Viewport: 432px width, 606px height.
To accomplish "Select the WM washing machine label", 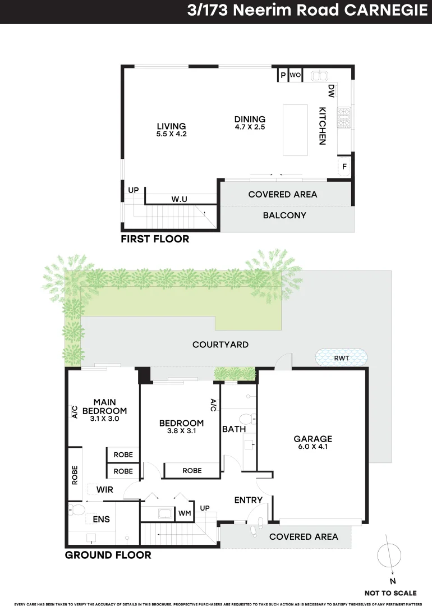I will [185, 513].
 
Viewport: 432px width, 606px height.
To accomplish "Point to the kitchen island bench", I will [295, 130].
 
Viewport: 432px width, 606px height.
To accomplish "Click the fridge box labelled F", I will [344, 167].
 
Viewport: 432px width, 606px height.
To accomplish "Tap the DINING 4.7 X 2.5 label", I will [250, 122].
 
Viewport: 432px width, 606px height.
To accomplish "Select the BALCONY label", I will [284, 215].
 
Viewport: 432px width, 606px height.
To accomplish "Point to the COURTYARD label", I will [220, 345].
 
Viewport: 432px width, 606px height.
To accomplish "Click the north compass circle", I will [389, 556].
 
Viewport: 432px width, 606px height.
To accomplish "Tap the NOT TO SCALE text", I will [390, 593].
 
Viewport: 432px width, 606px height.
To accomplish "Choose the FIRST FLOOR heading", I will [155, 239].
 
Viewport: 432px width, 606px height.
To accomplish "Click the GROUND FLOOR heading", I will [108, 555].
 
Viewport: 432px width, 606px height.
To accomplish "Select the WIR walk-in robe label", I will [104, 489].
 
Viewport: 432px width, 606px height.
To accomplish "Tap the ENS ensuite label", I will [102, 520].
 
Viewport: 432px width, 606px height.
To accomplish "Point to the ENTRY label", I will [248, 500].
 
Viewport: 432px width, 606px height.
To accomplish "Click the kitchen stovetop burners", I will [343, 116].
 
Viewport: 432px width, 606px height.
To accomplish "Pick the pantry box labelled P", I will [283, 75].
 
